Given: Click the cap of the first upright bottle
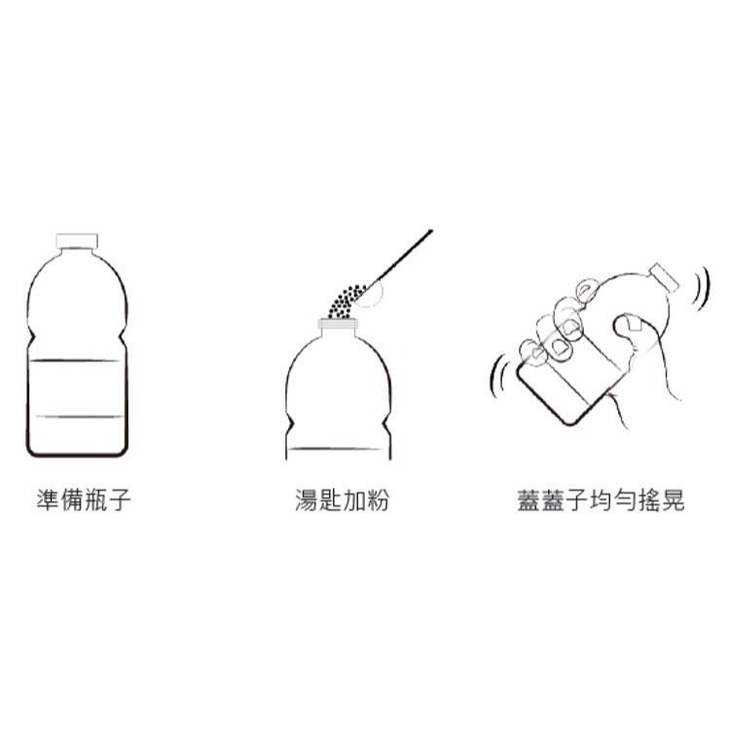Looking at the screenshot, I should pyautogui.click(x=78, y=240).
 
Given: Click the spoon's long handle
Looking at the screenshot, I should pyautogui.click(x=404, y=255).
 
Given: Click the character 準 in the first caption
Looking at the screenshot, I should pyautogui.click(x=47, y=501).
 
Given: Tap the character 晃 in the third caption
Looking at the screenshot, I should pyautogui.click(x=673, y=501).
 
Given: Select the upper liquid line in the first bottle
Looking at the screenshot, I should pyautogui.click(x=77, y=361).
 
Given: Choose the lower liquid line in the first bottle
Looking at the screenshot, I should pyautogui.click(x=77, y=417).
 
